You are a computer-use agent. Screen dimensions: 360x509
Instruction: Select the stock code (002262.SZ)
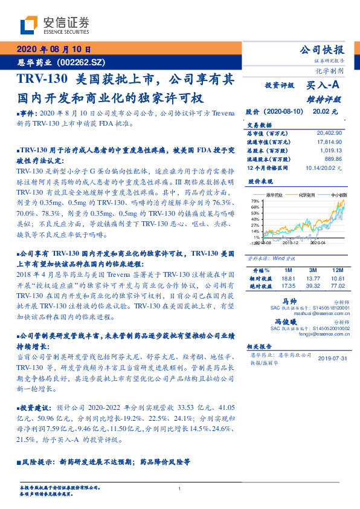point(82,62)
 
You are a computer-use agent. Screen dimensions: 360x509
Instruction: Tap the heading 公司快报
point(322,50)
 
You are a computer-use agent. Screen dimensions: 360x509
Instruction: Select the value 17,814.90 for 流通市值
point(329,141)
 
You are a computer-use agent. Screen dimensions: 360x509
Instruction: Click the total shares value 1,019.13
point(331,150)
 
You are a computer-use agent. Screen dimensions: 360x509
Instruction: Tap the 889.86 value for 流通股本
point(333,158)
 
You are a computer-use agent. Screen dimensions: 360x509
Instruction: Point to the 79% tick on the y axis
point(255,201)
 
